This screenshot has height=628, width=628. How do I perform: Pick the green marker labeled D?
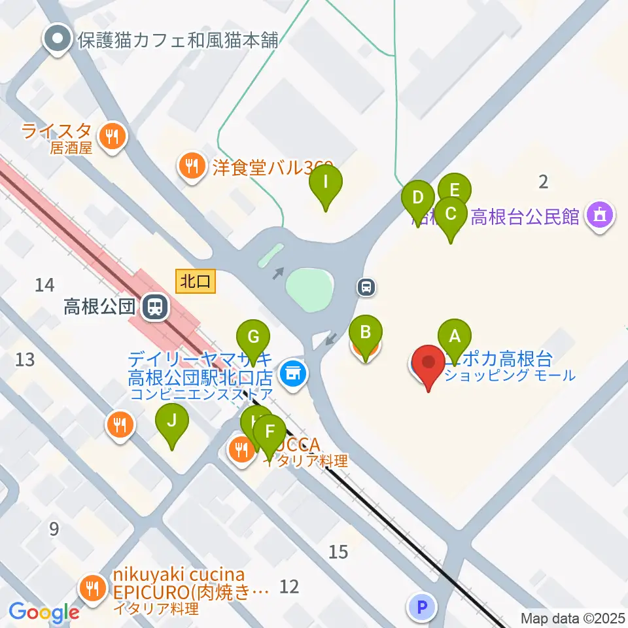tap(418, 197)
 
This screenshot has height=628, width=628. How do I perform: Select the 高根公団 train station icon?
tap(155, 306)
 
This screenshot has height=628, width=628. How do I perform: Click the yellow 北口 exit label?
tap(194, 282)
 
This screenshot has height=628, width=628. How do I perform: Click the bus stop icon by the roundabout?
tap(367, 286)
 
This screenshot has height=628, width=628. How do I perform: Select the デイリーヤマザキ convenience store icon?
tap(292, 374)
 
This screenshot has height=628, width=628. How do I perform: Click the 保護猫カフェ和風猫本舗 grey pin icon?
tap(58, 39)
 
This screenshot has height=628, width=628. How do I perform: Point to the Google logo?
tap(44, 612)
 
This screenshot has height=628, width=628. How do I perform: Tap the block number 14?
tap(44, 285)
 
